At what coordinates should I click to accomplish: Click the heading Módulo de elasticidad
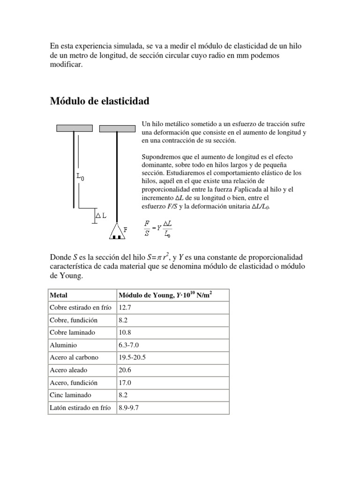pos(99,101)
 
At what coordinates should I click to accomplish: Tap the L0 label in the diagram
pos(81,177)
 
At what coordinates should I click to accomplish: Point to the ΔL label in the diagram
pos(101,216)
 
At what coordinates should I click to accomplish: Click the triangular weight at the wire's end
pos(117,231)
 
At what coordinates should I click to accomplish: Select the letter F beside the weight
pos(126,229)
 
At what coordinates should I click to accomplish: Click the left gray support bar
pos(74,128)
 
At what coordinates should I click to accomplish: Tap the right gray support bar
pos(117,128)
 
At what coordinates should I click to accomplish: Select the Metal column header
pos(58,295)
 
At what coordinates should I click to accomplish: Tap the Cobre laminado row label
pos(72,332)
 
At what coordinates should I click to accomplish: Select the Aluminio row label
pos(63,345)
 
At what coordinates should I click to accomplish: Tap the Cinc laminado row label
pos(70,395)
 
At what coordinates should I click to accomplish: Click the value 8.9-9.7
pos(129,408)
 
